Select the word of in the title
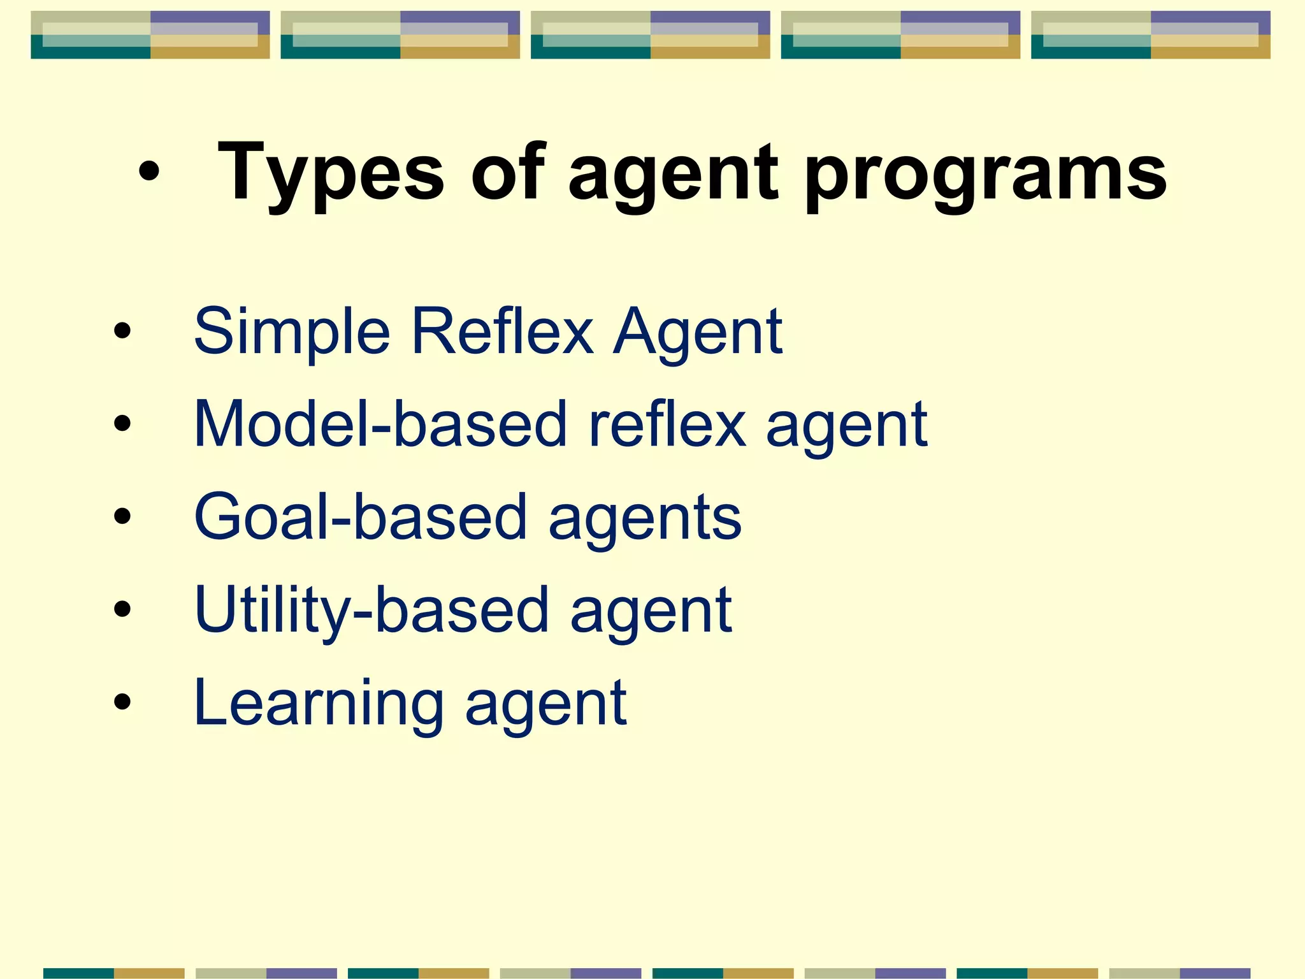508,171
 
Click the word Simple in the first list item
291,331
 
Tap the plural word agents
645,519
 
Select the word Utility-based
371,610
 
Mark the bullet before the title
148,171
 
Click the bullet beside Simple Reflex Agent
122,331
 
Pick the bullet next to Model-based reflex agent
122,424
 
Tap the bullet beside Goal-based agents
122,517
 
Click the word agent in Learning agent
546,706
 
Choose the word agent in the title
673,173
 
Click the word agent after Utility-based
651,613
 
